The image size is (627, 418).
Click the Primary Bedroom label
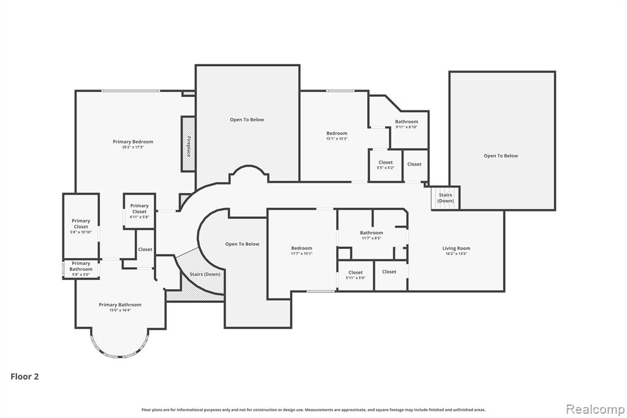point(133,142)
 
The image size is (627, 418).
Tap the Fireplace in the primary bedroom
point(188,145)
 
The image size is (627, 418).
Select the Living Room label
point(456,248)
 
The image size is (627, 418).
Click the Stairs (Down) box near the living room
point(445,198)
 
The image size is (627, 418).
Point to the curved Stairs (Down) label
point(205,274)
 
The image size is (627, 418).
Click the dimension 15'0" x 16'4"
point(120,310)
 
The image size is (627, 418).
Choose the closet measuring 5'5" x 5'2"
point(385,165)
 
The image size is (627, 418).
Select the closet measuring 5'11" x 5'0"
point(355,275)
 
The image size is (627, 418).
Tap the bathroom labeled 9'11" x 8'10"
point(407,124)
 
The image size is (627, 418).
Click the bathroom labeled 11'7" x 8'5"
point(371,235)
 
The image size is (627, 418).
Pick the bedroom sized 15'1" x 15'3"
point(336,136)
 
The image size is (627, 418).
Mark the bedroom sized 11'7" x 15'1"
point(301,251)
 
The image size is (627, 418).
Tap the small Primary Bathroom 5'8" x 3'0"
point(81,269)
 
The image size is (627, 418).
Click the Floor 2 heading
point(24,377)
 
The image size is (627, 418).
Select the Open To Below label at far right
point(501,156)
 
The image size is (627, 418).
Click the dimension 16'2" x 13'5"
point(456,254)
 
